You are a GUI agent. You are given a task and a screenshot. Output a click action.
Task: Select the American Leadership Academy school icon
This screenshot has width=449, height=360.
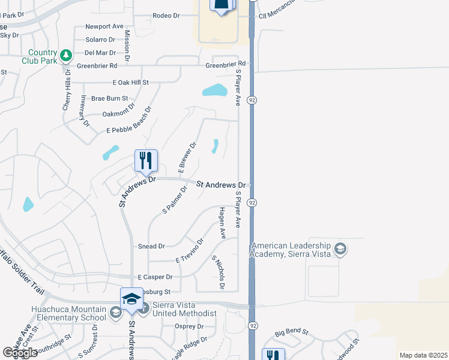click(340, 248)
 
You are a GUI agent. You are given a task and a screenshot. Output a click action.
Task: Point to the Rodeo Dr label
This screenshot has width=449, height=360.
click(166, 15)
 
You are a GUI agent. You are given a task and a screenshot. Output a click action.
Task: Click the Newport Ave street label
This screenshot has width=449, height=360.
click(104, 26)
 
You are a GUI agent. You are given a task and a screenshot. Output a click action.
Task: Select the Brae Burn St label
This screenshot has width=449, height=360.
click(109, 98)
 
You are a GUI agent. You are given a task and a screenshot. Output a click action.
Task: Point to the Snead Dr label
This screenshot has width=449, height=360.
click(151, 246)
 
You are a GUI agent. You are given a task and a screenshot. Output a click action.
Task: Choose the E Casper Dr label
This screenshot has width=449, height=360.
click(155, 277)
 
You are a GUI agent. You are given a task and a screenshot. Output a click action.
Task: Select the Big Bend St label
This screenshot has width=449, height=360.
click(291, 331)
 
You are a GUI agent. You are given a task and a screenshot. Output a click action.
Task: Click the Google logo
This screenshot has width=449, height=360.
click(20, 353)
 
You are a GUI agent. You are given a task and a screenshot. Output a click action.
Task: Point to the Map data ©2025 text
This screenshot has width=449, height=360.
click(423, 355)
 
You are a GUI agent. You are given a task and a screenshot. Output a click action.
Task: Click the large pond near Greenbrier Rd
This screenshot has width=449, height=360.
click(214, 91)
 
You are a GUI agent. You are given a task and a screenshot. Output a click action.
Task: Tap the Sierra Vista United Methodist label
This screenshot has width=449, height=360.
click(185, 310)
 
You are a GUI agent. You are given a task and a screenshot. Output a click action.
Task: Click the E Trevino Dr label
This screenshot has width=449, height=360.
click(190, 251)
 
